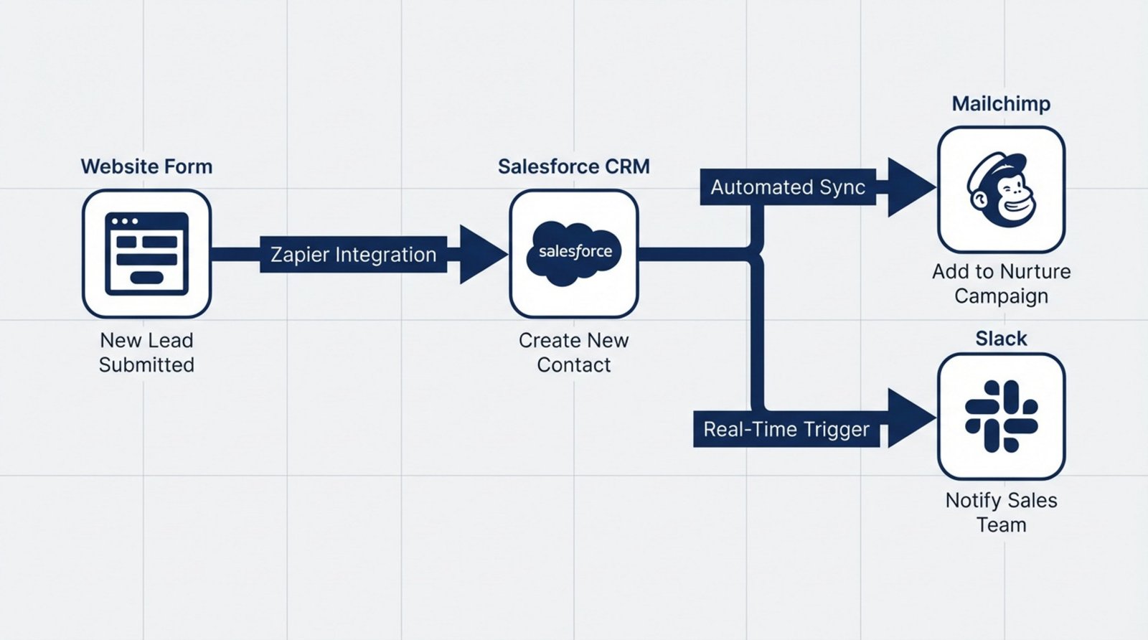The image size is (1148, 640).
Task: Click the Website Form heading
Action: [146, 166]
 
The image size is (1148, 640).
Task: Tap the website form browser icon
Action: [146, 253]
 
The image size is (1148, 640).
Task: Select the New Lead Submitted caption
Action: [146, 352]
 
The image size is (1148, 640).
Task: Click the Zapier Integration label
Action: [353, 255]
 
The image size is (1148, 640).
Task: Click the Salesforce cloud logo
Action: [574, 253]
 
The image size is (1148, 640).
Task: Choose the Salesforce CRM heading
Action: [573, 166]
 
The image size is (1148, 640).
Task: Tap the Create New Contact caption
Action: [573, 352]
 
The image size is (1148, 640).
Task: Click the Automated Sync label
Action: [788, 187]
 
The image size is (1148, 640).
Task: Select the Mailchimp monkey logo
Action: [1002, 190]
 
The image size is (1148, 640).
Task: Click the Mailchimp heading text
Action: [1001, 104]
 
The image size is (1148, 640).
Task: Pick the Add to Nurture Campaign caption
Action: [1001, 283]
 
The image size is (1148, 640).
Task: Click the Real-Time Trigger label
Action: [786, 429]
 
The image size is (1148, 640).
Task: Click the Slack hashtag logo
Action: [1002, 416]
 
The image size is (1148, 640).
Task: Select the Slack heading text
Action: [1001, 339]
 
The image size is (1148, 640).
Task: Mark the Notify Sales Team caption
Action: [1001, 512]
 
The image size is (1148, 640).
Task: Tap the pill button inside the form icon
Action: [147, 278]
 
